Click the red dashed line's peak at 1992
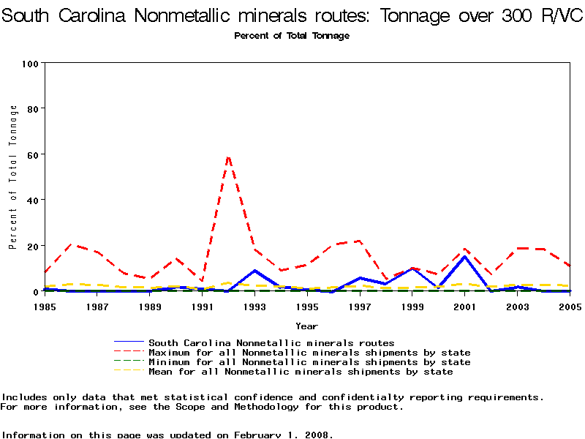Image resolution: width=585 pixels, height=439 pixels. point(228,156)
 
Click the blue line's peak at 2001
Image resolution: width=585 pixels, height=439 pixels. point(464,256)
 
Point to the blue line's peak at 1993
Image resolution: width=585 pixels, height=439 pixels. point(254,271)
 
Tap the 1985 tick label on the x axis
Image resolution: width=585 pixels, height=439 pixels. point(45,307)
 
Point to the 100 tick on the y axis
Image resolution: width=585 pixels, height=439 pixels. point(30,64)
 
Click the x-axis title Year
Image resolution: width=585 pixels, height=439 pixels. point(306,326)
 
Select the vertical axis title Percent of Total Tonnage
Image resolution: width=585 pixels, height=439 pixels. point(13,177)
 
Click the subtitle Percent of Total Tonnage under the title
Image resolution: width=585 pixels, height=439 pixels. point(292,36)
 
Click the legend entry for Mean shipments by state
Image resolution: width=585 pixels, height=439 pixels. point(301,372)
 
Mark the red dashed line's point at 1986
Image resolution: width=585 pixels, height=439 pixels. point(71,244)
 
